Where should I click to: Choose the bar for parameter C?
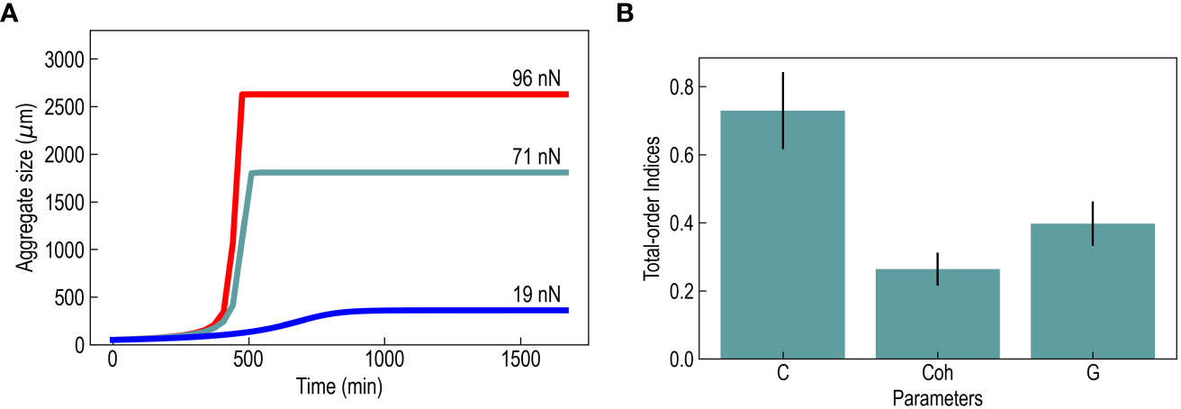pyautogui.click(x=783, y=234)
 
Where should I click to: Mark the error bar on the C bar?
pyautogui.click(x=783, y=110)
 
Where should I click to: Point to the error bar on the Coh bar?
pyautogui.click(x=938, y=268)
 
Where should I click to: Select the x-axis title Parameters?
pyautogui.click(x=937, y=396)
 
